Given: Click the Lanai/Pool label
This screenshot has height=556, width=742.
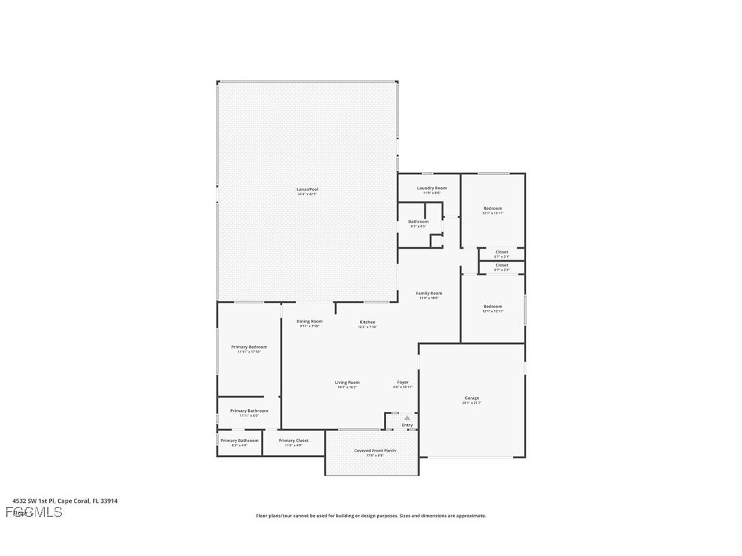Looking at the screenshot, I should [x=307, y=189].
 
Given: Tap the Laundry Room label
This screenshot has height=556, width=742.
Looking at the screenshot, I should [x=432, y=188].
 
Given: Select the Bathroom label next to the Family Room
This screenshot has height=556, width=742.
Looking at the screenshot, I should [x=419, y=221].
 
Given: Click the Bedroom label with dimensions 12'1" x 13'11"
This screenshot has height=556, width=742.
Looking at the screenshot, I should [x=493, y=208].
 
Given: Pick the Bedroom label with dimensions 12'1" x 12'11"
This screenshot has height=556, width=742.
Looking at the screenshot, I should [x=493, y=307].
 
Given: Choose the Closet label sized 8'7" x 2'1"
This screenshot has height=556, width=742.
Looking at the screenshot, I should [x=501, y=252].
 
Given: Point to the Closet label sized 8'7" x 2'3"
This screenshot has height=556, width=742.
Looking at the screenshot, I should [x=501, y=265].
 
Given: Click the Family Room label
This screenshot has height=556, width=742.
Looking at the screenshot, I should [x=429, y=294].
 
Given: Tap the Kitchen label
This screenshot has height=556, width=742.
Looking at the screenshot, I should [x=368, y=322].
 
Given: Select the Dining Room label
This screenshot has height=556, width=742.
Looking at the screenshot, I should [x=310, y=321].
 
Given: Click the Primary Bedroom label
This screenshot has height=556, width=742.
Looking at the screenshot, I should [x=249, y=347].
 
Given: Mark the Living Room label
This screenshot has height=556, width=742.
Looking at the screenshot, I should [x=347, y=383].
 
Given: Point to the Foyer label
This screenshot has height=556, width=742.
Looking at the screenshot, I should [x=403, y=383].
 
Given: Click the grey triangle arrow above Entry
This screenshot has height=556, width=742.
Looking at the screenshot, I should [x=407, y=417].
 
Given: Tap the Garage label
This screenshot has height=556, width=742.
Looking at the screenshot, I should [x=472, y=398].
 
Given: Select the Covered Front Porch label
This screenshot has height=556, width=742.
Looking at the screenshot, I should [x=375, y=451].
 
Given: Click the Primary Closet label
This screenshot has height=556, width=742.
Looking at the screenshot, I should [x=294, y=441].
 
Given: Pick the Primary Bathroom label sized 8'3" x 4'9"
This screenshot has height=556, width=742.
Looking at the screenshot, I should [x=240, y=441].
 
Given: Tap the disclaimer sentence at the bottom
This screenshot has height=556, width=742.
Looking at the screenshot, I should [x=371, y=516].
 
